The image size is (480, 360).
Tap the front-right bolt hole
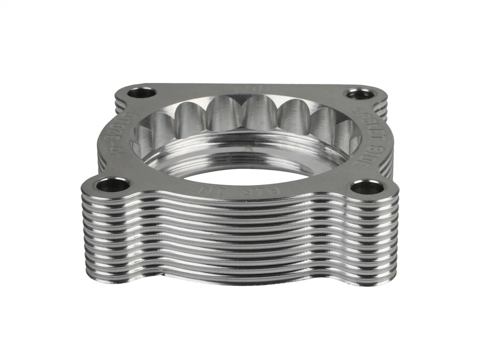[366, 187]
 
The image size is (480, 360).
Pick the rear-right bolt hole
[359, 93]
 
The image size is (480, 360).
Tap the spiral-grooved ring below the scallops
[240, 152]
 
